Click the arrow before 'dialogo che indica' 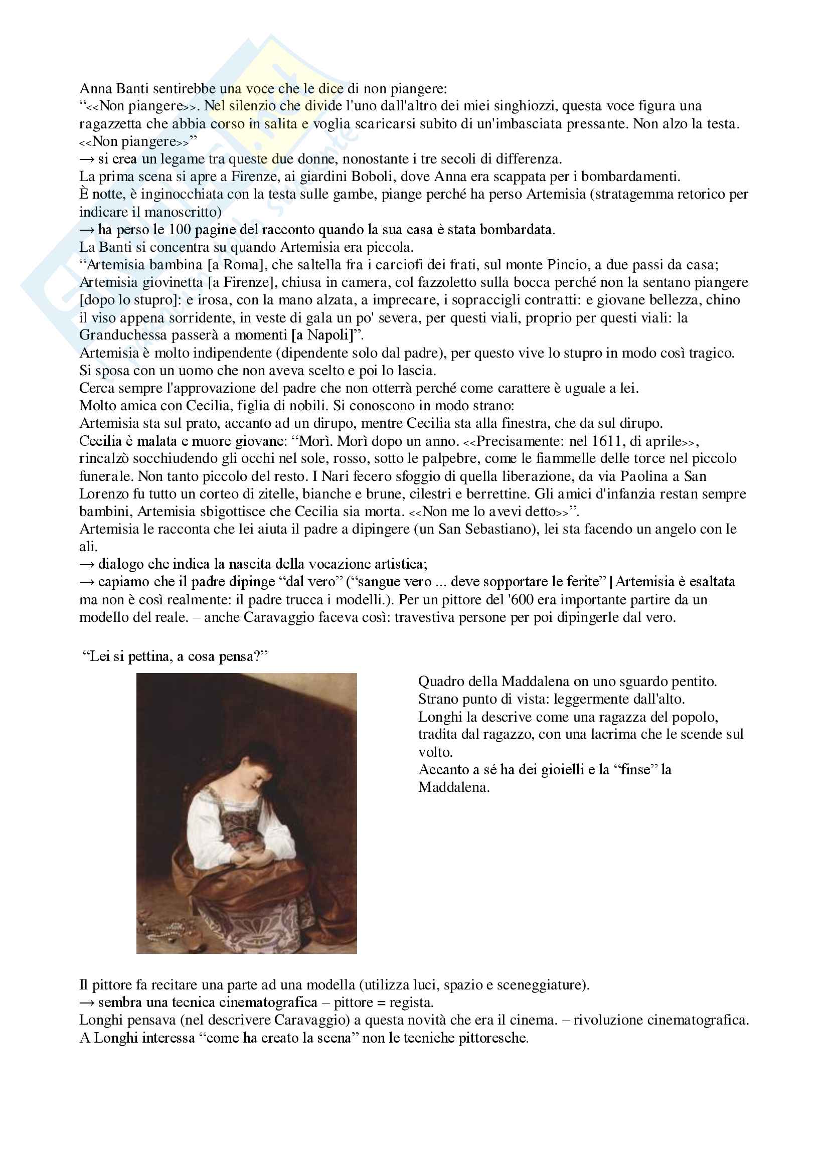[87, 564]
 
